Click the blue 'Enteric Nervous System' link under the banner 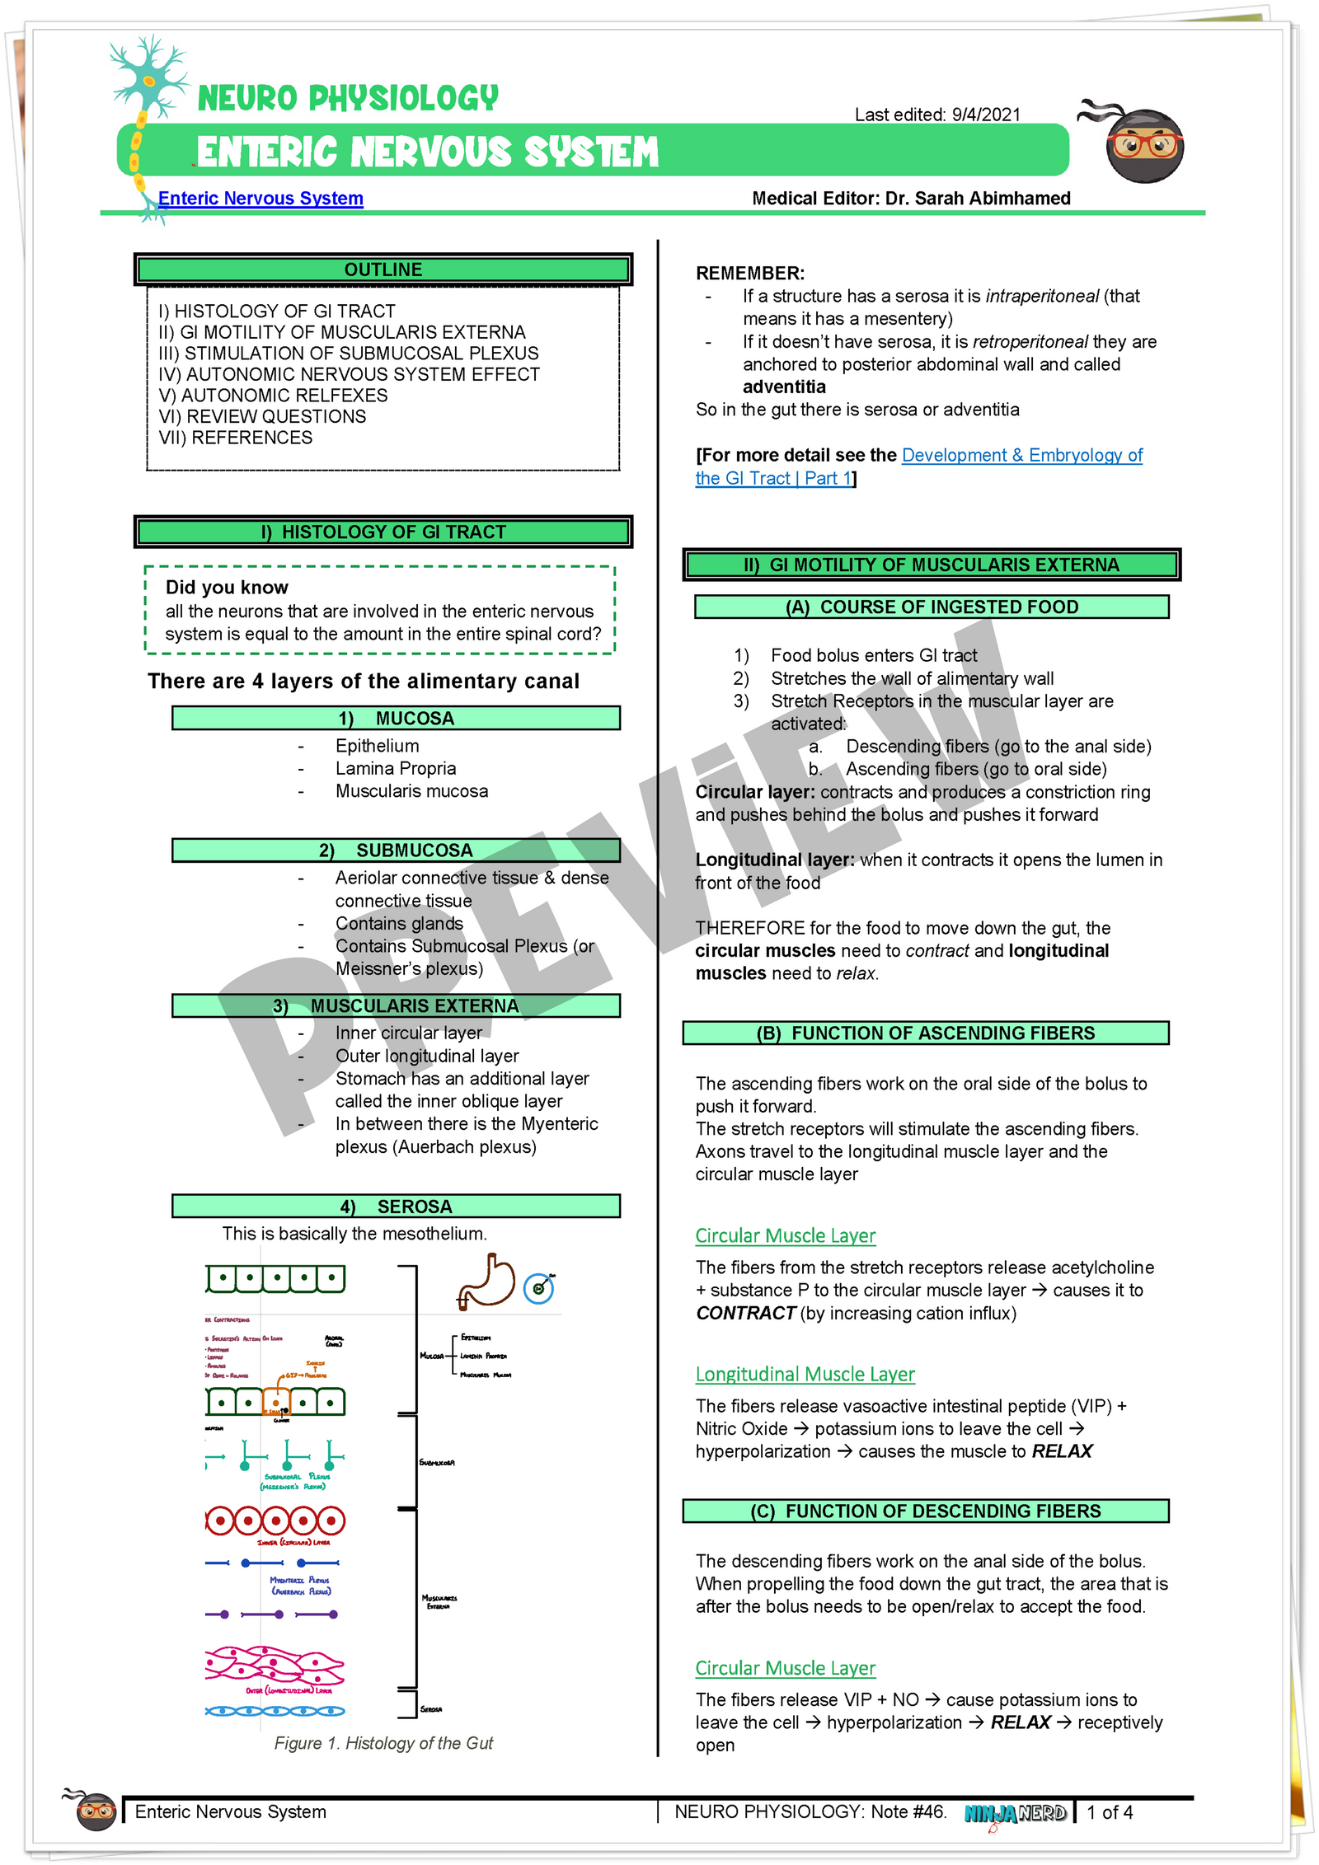point(261,199)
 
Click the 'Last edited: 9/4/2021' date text point(937,115)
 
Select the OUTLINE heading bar point(383,269)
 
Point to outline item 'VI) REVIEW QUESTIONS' point(262,416)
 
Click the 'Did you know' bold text point(227,588)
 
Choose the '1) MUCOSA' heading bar point(396,718)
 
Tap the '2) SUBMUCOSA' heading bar point(396,850)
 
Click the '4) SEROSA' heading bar point(396,1207)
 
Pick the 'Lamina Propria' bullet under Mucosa point(396,768)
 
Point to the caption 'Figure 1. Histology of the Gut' point(383,1743)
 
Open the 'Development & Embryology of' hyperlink point(1021,455)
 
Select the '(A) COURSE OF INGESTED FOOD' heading point(932,607)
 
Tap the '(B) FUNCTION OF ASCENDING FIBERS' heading point(926,1033)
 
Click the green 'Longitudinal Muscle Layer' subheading point(805,1374)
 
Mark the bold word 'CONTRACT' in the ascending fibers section point(745,1313)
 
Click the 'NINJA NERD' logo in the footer point(1016,1813)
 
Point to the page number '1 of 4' point(1110,1812)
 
